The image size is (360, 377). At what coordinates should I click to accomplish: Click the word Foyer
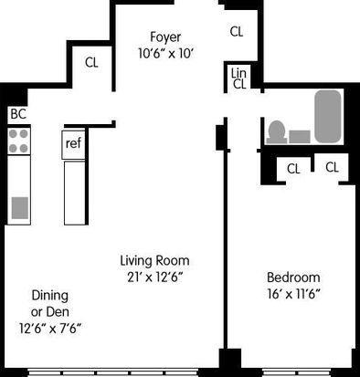point(165,37)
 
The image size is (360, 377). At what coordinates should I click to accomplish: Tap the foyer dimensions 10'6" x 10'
point(166,54)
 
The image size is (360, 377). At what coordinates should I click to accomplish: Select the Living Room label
point(154,261)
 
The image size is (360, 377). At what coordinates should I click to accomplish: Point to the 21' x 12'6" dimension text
point(154,277)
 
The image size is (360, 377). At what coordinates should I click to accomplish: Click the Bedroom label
point(293,278)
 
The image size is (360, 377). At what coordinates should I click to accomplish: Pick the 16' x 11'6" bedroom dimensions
point(293,294)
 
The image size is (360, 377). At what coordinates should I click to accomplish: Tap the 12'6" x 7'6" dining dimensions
point(50,329)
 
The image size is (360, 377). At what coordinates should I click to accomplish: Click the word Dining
point(50,296)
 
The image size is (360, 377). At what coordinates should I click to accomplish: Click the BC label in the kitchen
point(18,114)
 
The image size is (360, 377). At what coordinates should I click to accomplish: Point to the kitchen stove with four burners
point(19,141)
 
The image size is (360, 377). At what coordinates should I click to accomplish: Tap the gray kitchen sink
point(20,208)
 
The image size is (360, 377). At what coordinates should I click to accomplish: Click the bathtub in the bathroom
point(328,116)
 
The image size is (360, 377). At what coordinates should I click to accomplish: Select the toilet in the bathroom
point(277,132)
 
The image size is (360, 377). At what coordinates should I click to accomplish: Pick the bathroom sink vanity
point(300,137)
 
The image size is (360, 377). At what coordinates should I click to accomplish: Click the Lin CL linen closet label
point(238,79)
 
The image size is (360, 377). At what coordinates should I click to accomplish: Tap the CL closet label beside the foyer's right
point(237,32)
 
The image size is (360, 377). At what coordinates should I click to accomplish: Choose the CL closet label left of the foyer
point(91,63)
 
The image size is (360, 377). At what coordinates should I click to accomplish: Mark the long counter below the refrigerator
point(75,193)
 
